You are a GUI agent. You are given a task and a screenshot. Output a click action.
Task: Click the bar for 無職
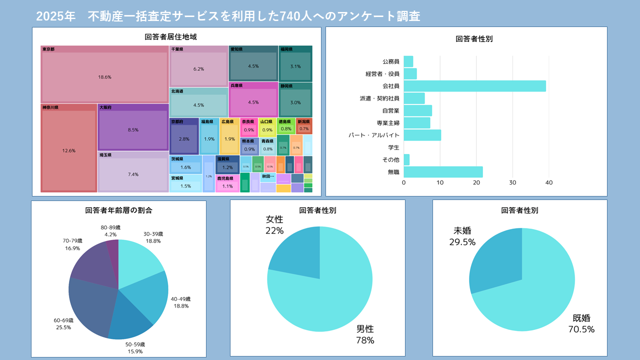coord(443,172)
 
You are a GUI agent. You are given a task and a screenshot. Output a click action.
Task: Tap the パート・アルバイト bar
coord(422,135)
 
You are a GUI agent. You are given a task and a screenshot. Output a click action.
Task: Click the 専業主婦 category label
coord(388,123)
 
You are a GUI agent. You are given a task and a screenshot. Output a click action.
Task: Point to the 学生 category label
coord(393,147)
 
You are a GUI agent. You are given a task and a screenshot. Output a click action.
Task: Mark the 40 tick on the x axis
coord(548,183)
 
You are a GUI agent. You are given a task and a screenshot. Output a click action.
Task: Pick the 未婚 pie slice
coord(495,260)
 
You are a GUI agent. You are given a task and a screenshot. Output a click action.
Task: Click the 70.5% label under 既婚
coord(581,329)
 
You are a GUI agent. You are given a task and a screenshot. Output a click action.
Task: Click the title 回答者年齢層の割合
coord(118,210)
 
